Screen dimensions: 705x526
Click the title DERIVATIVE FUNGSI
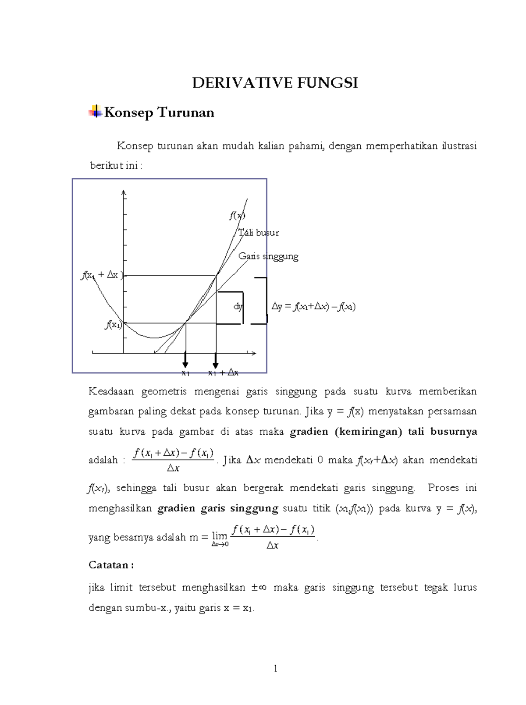tap(275, 83)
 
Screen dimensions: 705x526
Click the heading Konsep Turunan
tap(159, 113)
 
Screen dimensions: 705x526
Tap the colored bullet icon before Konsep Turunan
tap(95, 112)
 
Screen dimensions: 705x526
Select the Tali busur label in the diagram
tap(259, 233)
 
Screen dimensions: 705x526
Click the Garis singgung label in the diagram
tap(268, 256)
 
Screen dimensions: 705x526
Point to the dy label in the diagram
tap(238, 307)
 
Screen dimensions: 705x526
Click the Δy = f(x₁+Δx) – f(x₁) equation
tap(313, 307)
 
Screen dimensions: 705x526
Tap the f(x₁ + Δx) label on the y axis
tap(102, 275)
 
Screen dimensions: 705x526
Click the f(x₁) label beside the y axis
tap(113, 325)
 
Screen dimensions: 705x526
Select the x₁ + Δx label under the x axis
tap(223, 373)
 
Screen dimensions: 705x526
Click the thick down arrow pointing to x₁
tap(185, 360)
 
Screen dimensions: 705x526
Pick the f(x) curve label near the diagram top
tap(237, 216)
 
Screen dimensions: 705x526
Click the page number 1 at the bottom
tap(275, 669)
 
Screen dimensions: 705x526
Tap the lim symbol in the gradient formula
tap(219, 536)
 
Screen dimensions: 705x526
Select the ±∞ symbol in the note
tap(259, 588)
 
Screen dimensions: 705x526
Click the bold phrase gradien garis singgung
tap(217, 509)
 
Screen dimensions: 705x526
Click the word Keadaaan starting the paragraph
tap(111, 391)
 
